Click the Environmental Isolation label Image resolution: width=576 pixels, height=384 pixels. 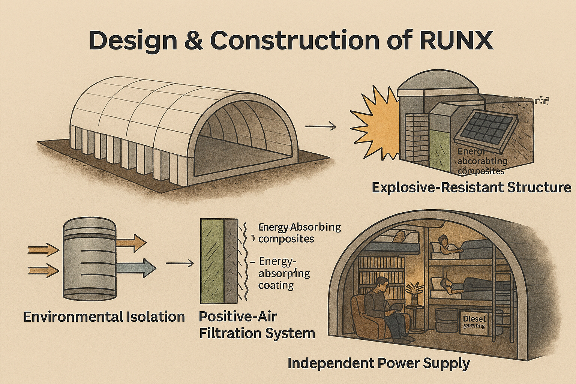point(104,316)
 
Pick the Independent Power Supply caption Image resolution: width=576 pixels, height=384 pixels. point(378,363)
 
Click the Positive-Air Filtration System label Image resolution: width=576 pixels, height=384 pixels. point(257,325)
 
